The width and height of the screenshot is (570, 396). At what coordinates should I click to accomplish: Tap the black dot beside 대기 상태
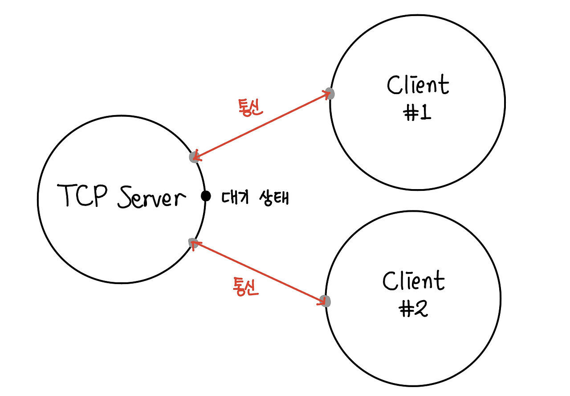tap(205, 196)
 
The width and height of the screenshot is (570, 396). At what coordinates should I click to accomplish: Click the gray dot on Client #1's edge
tap(330, 94)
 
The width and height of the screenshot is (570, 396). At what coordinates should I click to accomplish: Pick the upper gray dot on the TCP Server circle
tap(194, 157)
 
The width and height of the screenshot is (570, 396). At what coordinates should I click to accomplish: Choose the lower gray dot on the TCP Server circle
tap(193, 243)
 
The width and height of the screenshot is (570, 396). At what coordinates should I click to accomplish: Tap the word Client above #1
tap(418, 85)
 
